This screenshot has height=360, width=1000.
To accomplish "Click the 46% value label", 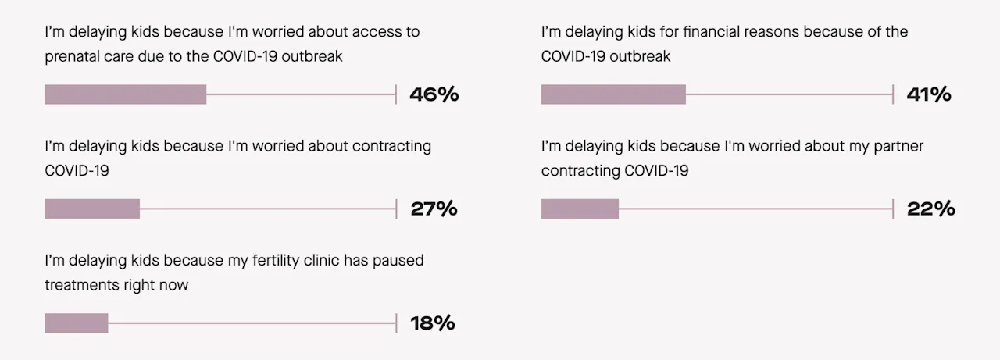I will [434, 95].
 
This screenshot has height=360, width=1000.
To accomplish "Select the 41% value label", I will [929, 95].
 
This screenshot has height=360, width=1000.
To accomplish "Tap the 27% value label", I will [434, 209].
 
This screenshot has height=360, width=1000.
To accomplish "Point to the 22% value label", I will [930, 209].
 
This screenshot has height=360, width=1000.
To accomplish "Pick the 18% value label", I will [432, 323].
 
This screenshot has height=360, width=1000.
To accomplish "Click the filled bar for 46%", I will [125, 94].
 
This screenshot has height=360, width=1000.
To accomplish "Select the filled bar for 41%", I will [613, 94].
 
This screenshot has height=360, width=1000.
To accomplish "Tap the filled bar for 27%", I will [92, 209].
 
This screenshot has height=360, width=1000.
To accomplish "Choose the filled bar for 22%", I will [580, 209].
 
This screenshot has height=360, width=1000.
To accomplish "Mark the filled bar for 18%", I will [76, 323].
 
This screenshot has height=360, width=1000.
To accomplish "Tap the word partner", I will [895, 146].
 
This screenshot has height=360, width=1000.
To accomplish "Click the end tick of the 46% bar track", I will [396, 94].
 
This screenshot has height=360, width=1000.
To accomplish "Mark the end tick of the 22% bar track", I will [893, 209].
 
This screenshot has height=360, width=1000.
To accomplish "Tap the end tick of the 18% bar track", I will [396, 323].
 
